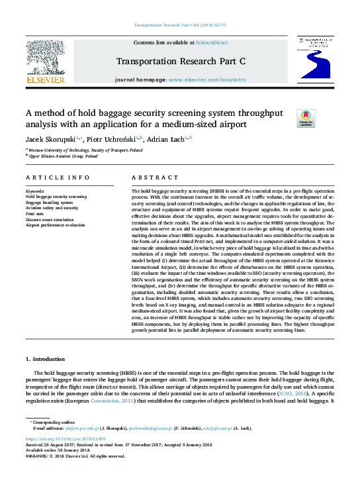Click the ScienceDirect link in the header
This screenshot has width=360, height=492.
pos(212,42)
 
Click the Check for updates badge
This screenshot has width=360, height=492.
pos(305,119)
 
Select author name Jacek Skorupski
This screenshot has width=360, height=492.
pos(52,139)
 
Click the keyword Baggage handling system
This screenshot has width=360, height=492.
pos(51,203)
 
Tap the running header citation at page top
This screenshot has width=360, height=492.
pos(179,25)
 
